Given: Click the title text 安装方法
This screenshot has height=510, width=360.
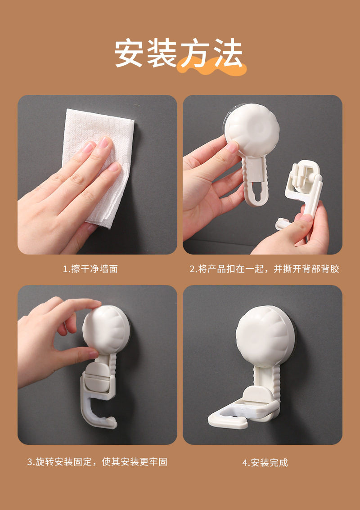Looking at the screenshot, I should click(179, 53).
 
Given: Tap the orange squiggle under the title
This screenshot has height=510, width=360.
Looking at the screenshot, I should click(211, 67).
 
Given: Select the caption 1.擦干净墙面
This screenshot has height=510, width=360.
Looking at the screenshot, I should click(90, 269).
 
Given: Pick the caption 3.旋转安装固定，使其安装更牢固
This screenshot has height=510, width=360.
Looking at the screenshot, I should click(97, 462).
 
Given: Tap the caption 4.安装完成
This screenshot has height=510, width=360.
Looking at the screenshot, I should click(265, 462).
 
